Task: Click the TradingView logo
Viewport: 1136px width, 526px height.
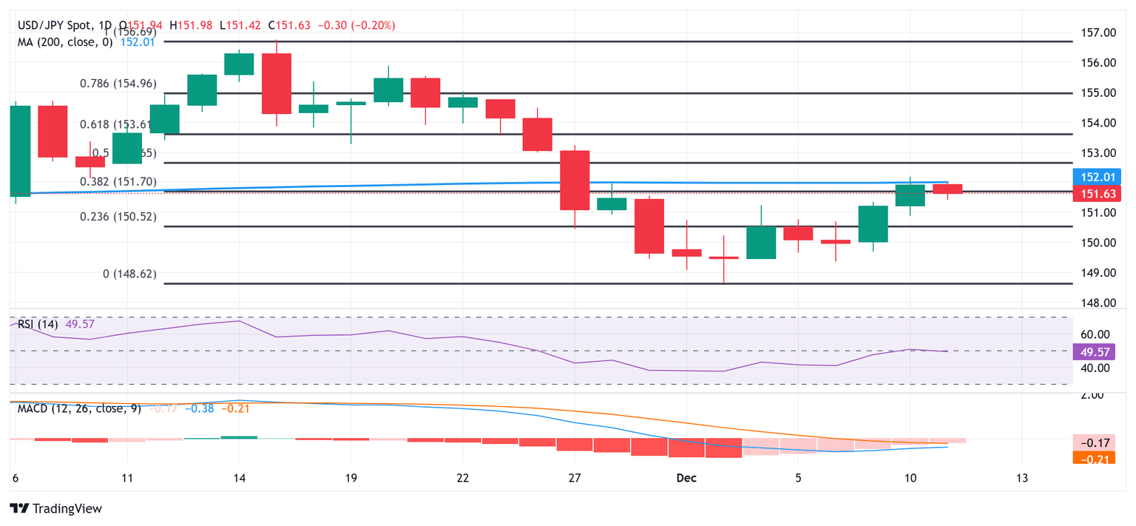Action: coord(55,508)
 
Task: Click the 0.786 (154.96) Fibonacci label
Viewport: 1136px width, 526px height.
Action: coord(118,84)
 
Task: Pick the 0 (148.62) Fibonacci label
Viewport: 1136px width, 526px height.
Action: coord(129,274)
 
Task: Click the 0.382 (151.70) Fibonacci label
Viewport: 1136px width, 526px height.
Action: coord(119,181)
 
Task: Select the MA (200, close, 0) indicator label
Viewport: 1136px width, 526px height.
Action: coord(65,42)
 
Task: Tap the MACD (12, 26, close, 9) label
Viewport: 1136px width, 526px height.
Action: coord(78,408)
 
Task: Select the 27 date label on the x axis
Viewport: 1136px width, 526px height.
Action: coord(575,478)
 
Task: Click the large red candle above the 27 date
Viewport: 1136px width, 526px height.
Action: coord(575,180)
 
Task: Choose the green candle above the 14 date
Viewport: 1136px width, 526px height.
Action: coord(239,64)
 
